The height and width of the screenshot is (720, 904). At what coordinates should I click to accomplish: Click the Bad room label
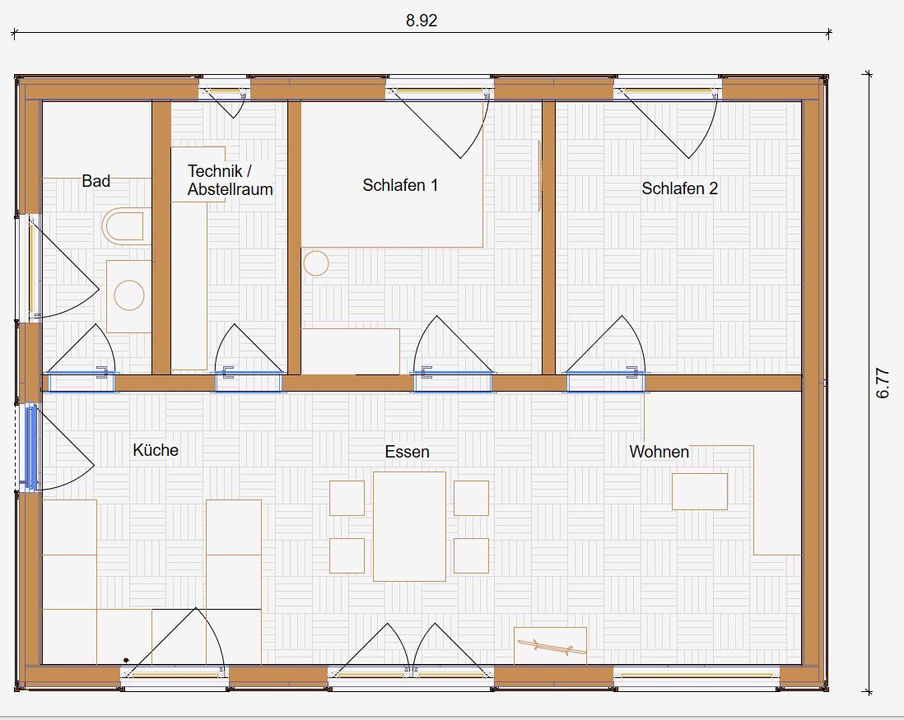[x=96, y=181]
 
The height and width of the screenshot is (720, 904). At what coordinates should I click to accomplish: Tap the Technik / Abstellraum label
[x=230, y=179]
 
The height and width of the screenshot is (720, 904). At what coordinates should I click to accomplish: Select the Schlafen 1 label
[x=400, y=185]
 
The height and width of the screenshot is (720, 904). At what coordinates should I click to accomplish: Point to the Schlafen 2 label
[x=680, y=188]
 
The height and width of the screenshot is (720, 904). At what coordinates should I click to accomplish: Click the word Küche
[x=156, y=450]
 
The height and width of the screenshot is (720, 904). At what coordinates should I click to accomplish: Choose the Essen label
[x=407, y=452]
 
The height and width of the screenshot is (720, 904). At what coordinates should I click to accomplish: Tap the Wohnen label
[x=659, y=452]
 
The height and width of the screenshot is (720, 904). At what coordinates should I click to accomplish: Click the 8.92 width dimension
[x=422, y=21]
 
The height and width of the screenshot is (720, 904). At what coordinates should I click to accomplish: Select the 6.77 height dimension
[x=883, y=383]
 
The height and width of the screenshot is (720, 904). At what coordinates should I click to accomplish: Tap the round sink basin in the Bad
[x=129, y=295]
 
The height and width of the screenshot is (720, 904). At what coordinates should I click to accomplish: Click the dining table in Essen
[x=409, y=527]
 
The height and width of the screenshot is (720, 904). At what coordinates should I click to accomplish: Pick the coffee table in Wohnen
[x=700, y=491]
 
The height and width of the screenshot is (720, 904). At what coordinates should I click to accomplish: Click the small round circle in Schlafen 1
[x=316, y=263]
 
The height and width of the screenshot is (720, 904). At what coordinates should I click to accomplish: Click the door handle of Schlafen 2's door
[x=633, y=372]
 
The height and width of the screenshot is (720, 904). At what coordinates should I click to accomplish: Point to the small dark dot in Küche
[x=126, y=660]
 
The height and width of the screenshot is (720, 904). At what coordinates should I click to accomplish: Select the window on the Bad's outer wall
[x=30, y=268]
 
